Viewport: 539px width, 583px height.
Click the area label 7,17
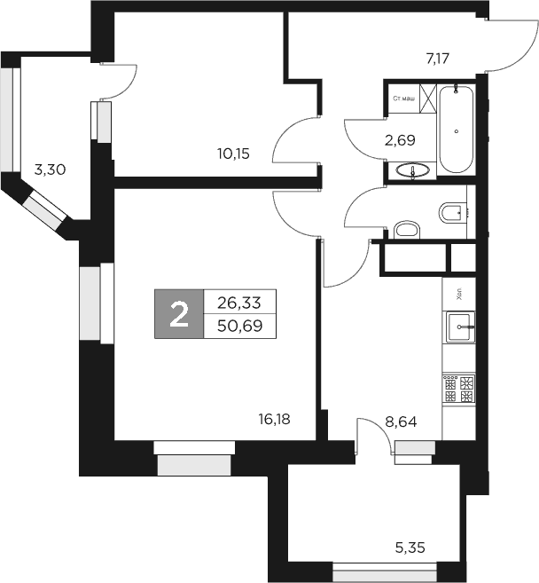440,59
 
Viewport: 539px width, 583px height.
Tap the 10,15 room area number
233,153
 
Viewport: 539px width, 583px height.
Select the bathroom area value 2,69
399,139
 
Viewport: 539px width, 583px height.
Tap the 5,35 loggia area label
410,548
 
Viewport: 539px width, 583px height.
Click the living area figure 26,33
239,302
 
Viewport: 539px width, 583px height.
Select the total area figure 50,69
239,325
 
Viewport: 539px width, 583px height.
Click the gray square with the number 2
179,313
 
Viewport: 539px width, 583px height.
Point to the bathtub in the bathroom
457,129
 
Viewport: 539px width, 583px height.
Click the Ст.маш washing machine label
403,98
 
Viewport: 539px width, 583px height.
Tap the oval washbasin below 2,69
411,170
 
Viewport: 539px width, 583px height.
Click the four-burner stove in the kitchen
459,391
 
